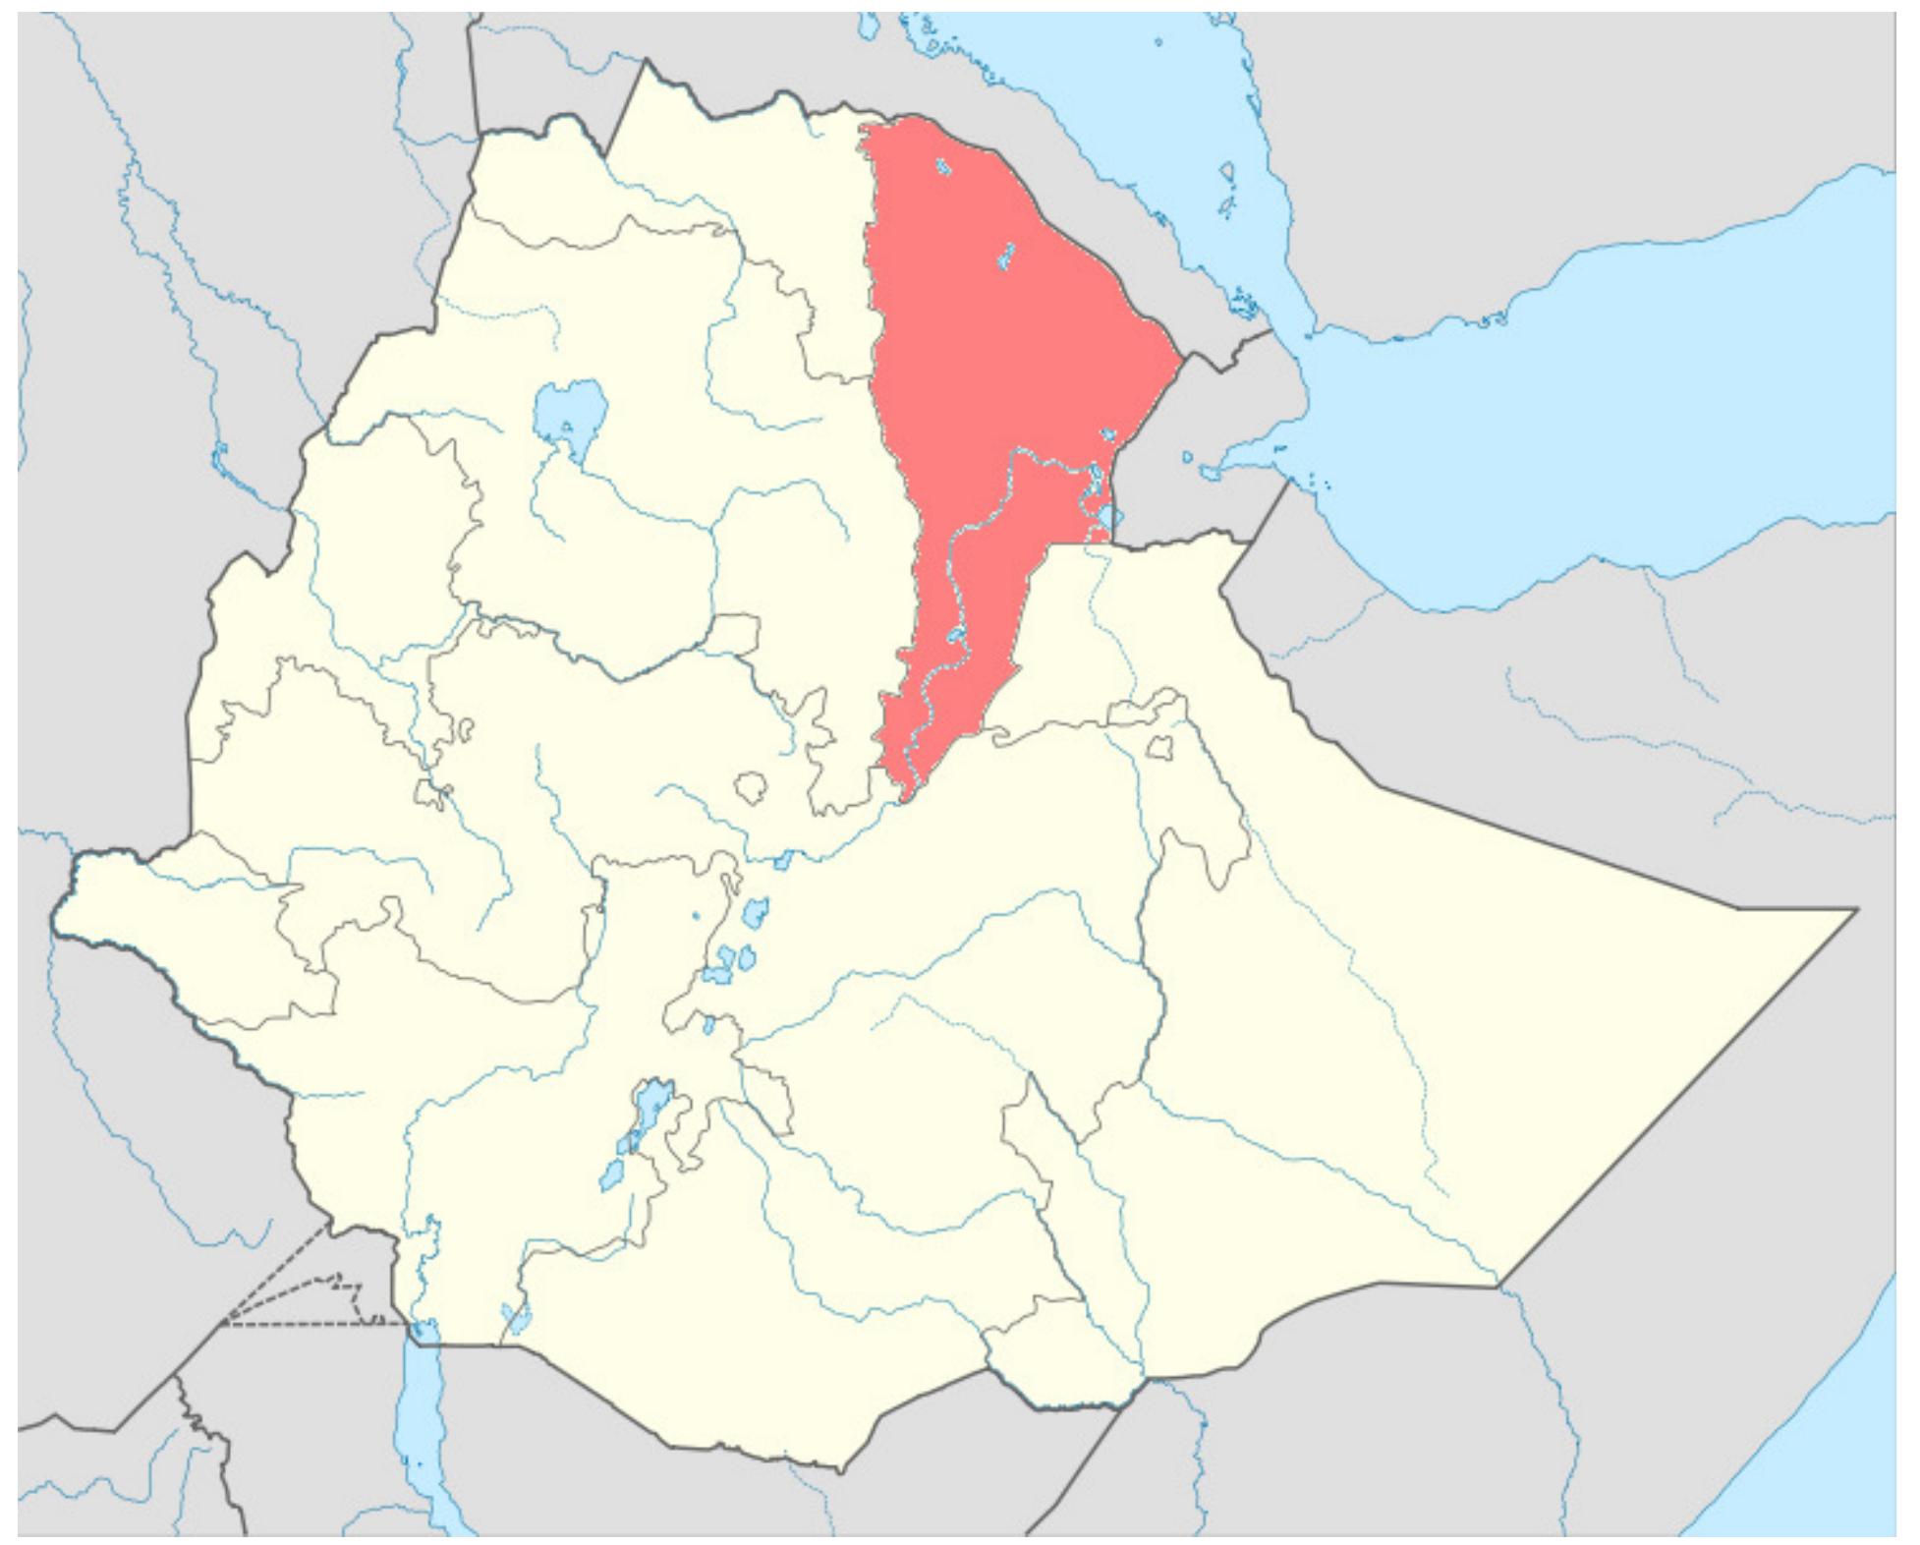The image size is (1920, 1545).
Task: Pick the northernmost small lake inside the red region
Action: (x=944, y=168)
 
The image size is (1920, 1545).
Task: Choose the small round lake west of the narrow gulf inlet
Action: (x=1188, y=457)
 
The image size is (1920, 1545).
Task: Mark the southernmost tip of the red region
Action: (x=904, y=799)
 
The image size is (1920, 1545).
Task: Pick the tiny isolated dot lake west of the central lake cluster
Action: (x=696, y=916)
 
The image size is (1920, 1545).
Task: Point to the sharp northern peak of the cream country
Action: (x=647, y=63)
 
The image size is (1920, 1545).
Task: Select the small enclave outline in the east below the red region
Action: (x=1161, y=748)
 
